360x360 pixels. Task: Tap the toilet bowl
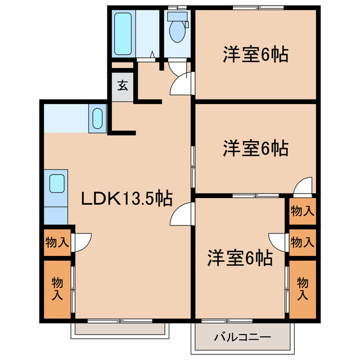(x=177, y=33)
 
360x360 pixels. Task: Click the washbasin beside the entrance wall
(x=97, y=119)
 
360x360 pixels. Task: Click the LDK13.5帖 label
(x=127, y=198)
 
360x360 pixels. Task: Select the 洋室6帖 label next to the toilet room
(x=255, y=55)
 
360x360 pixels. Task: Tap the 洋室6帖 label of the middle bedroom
(x=255, y=148)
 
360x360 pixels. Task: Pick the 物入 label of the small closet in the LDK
(x=57, y=242)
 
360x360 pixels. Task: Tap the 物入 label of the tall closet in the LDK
(x=57, y=287)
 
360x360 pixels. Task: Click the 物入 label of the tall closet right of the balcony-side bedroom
(x=303, y=287)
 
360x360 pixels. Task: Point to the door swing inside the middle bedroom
(x=303, y=184)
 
